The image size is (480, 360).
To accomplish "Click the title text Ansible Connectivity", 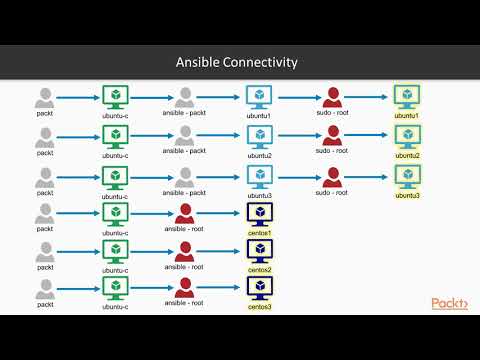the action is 236,63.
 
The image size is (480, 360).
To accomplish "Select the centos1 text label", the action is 260,232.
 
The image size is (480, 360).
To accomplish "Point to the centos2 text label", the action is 260,270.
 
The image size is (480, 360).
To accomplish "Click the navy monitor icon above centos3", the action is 260,288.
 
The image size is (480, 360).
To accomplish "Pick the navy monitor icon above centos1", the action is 260,213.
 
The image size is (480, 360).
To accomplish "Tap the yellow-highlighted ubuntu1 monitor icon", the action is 406,97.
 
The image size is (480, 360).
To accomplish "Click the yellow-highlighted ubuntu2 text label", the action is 406,155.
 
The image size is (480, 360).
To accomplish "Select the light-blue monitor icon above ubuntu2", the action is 259,136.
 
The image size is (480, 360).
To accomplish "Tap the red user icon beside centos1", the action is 184,214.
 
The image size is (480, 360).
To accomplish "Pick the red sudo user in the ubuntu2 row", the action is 331,136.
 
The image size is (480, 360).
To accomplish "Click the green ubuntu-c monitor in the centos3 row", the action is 115,288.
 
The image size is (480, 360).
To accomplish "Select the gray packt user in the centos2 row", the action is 45,251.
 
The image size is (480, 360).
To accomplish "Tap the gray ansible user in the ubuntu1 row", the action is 184,98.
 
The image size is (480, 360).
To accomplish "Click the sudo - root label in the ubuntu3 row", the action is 331,193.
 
